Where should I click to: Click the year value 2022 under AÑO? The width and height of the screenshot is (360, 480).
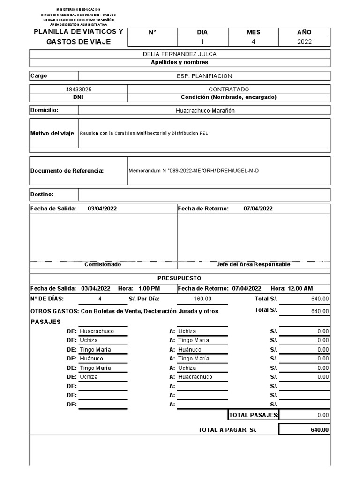[304, 42]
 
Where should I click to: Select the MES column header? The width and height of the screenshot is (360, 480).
[253, 32]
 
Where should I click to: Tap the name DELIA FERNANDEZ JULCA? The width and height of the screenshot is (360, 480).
[180, 54]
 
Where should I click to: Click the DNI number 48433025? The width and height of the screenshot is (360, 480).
[79, 89]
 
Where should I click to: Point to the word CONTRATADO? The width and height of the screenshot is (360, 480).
[229, 89]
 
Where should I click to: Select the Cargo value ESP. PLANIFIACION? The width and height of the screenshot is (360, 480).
[204, 76]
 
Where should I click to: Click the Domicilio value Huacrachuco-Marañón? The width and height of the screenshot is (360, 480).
[204, 110]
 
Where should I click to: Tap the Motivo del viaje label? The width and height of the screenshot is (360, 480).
[52, 133]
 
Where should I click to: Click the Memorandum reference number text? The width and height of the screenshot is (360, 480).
[193, 171]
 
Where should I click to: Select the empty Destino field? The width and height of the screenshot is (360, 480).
[204, 195]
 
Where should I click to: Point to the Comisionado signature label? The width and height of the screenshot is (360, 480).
[103, 264]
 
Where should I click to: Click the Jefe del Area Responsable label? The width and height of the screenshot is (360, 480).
[253, 264]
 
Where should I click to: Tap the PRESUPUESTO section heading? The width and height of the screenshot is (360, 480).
[180, 278]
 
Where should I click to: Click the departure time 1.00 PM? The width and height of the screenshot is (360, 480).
[149, 288]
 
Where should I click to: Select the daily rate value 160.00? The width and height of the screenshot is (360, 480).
[202, 299]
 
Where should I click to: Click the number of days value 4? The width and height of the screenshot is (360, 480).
[99, 299]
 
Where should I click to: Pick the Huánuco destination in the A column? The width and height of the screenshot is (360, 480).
[190, 350]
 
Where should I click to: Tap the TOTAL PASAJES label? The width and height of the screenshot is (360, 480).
[253, 415]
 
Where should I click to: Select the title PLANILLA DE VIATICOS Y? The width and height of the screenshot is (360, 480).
[78, 32]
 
